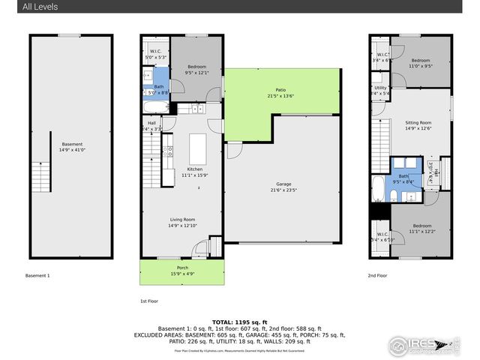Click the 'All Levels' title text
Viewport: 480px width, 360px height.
tap(40, 7)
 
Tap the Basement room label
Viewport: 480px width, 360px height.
tap(72, 146)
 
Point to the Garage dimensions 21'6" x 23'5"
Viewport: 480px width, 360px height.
tap(283, 188)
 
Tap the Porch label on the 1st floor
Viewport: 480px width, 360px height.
tap(182, 270)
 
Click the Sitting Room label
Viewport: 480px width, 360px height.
tap(418, 124)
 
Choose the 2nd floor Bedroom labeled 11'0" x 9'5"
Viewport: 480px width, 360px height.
tap(420, 63)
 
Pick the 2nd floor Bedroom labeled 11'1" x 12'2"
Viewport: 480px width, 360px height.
tap(420, 228)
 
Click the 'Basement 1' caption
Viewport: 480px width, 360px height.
tap(37, 276)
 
